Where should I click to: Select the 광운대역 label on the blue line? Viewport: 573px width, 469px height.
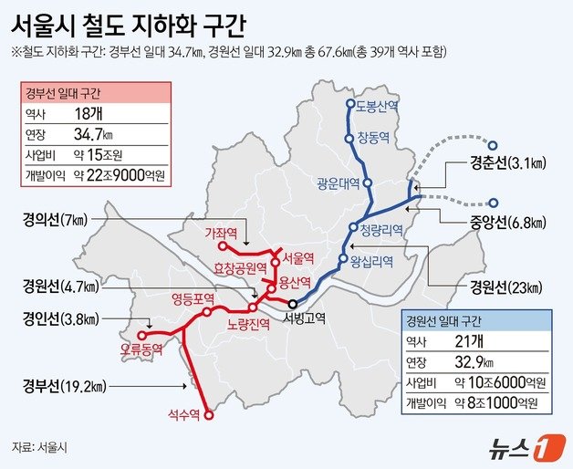338,181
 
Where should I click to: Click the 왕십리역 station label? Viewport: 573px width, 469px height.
370,261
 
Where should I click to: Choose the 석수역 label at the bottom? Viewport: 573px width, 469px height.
185,414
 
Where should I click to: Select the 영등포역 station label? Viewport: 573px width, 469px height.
193,297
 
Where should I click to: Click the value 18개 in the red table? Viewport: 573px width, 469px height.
89,114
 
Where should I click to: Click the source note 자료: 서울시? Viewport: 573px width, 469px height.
42,447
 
